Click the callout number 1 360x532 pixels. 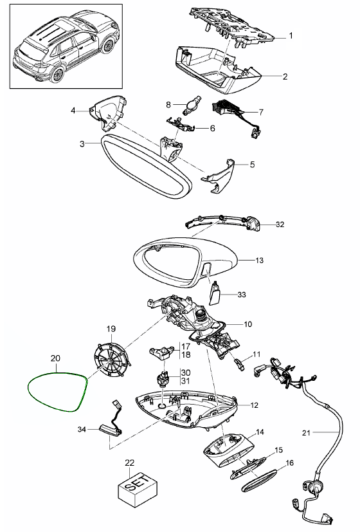(x=291, y=35)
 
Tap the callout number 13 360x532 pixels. (x=259, y=261)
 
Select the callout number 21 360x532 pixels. (x=306, y=432)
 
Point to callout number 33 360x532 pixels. (x=242, y=295)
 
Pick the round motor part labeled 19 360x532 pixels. (x=111, y=361)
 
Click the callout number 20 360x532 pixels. (x=55, y=358)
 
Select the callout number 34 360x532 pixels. (x=82, y=430)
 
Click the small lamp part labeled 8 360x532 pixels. (x=192, y=104)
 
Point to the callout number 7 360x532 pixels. (x=260, y=112)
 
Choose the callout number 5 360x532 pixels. (x=252, y=165)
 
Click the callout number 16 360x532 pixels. (x=290, y=463)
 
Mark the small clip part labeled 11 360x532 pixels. (x=239, y=365)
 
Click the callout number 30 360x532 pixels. (x=185, y=372)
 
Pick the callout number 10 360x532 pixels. (x=248, y=324)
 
